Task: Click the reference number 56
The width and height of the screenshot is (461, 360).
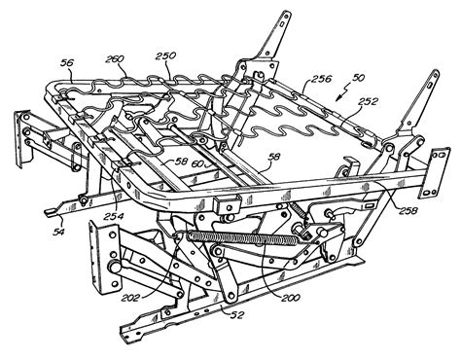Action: (68, 63)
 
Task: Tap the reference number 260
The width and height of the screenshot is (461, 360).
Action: (115, 59)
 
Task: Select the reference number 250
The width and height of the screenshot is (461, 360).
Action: (165, 56)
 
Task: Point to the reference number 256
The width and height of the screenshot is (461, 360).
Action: (322, 79)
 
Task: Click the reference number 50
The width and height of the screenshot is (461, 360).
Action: (358, 78)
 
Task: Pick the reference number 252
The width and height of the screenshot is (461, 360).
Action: (369, 101)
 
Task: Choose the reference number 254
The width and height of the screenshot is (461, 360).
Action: (114, 216)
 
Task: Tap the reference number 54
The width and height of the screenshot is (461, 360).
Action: (59, 232)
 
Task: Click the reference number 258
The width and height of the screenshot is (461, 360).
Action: (408, 211)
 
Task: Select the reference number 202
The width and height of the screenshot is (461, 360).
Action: (131, 297)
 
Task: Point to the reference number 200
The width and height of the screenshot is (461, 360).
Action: (290, 297)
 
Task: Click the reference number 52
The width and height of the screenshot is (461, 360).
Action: (236, 315)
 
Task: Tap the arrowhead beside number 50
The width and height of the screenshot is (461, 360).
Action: (339, 96)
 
